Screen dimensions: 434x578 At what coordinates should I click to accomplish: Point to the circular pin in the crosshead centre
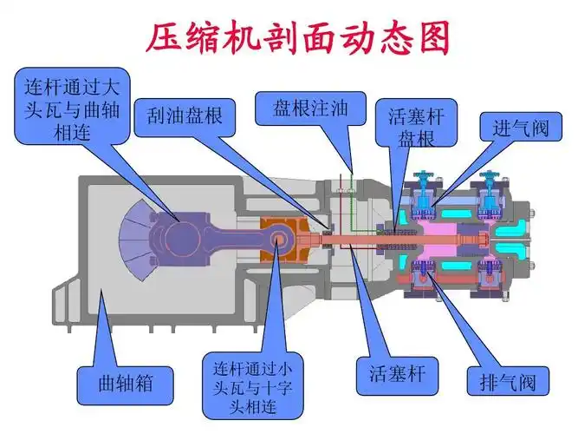coord(279,237)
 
